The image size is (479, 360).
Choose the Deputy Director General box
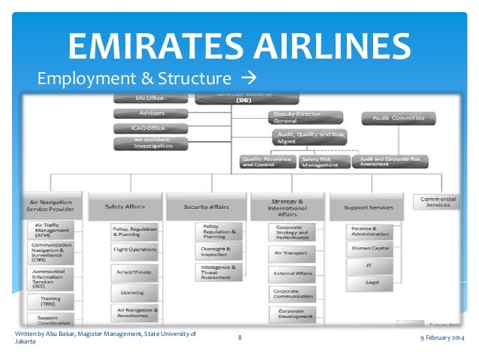pos(303,118)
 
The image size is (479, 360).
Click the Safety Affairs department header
pos(125,205)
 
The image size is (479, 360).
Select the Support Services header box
pos(368,206)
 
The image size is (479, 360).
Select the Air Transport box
pos(291,253)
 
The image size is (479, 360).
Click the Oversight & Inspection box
pos(218,250)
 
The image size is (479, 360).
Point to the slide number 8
pos(239,337)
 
